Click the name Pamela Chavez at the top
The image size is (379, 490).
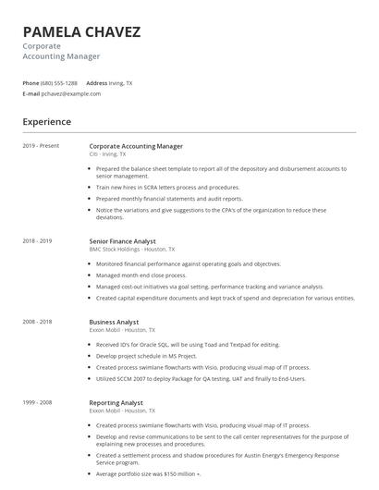[81, 32]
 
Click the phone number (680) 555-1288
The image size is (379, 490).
[60, 83]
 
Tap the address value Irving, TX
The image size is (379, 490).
[120, 83]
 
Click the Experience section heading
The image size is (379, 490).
[46, 122]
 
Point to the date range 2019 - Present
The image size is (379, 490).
[41, 146]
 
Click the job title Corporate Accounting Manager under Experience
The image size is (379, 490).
[136, 146]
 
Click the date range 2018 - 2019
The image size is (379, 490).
[37, 241]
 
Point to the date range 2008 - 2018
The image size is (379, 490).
[37, 322]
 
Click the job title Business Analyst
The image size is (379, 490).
[116, 322]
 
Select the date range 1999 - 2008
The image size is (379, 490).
[37, 403]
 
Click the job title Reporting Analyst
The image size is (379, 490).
[117, 403]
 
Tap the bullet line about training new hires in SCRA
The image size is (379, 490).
[168, 187]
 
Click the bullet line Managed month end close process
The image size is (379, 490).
[143, 275]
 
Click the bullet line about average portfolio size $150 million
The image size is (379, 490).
[148, 473]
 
